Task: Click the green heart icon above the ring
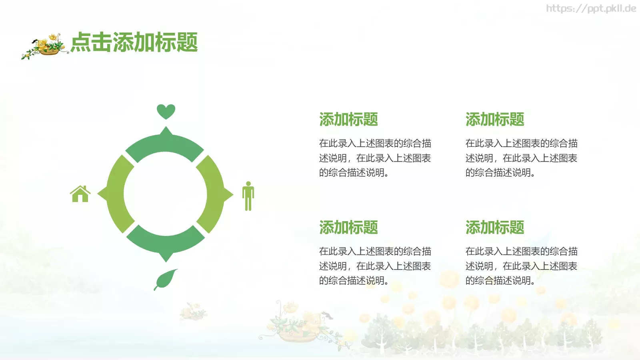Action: click(x=166, y=111)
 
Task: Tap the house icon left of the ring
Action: click(x=80, y=194)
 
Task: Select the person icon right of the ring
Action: click(x=248, y=196)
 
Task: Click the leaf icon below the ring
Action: click(x=166, y=279)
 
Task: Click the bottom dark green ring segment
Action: click(x=166, y=242)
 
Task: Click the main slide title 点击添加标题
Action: click(x=134, y=42)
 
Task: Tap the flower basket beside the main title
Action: click(x=46, y=46)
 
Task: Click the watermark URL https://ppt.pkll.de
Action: click(x=591, y=8)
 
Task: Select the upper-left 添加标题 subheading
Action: click(x=348, y=119)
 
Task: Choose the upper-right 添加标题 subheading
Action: click(x=495, y=119)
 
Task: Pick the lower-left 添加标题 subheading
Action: click(x=348, y=227)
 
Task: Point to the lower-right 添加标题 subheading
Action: click(x=495, y=227)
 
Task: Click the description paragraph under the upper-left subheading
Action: click(x=375, y=158)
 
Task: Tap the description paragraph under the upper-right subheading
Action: click(x=521, y=158)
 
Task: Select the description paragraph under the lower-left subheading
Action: click(x=375, y=266)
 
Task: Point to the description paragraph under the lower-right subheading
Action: click(x=521, y=266)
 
